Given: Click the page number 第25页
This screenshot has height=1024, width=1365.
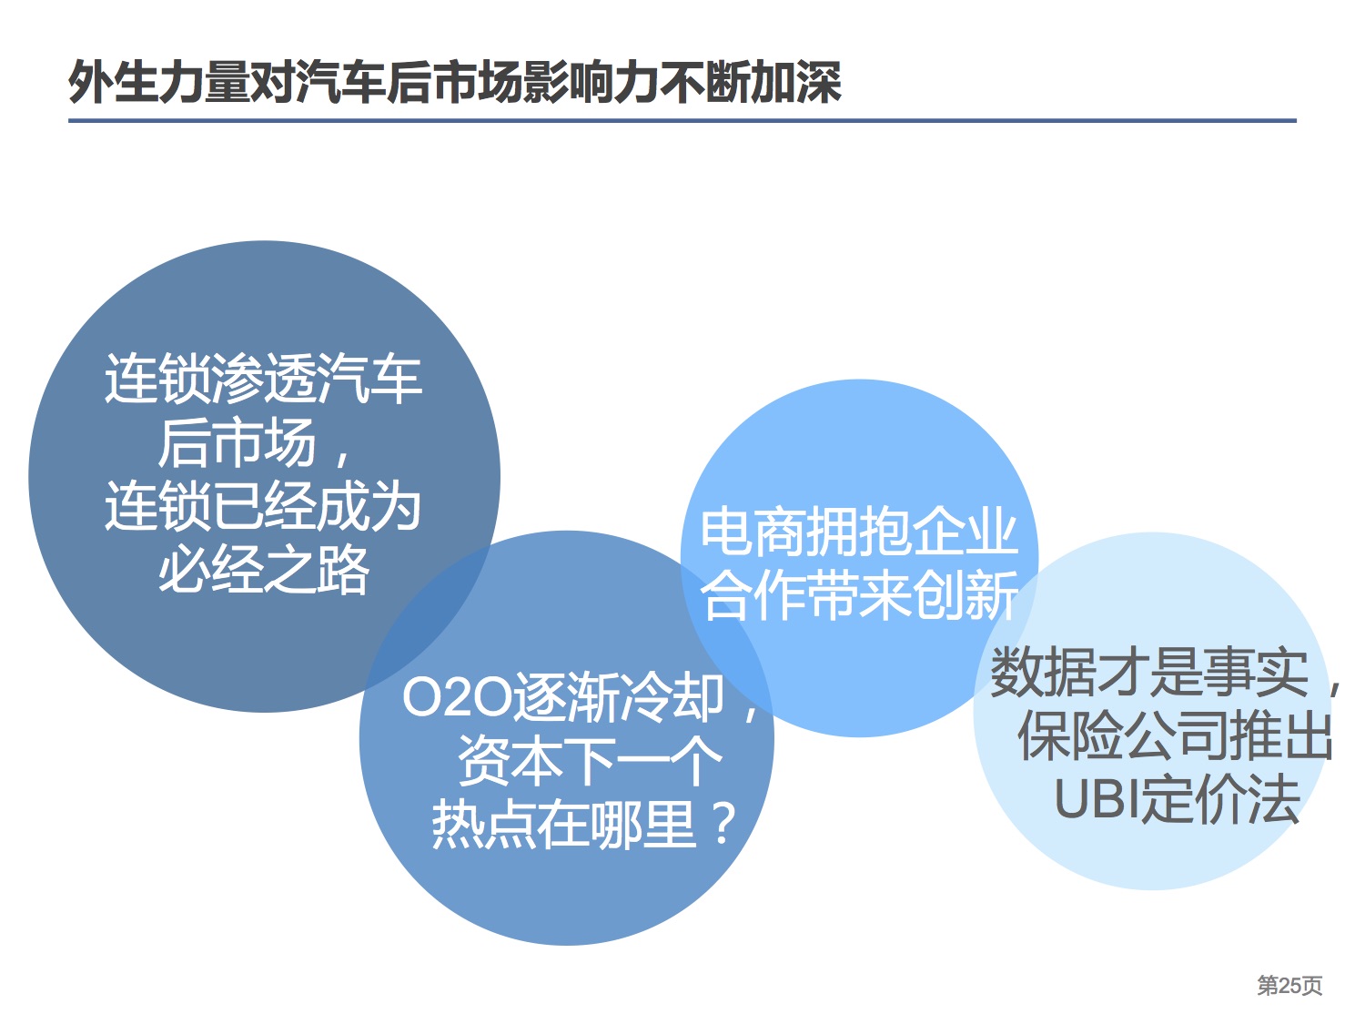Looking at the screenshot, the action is [1289, 986].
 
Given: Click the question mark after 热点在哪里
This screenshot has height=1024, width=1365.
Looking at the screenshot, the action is [723, 823].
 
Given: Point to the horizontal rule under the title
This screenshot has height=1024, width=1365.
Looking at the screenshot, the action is [682, 121].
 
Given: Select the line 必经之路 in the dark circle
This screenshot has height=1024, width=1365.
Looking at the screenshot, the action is [264, 568].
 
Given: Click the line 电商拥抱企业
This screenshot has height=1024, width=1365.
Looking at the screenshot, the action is [859, 532].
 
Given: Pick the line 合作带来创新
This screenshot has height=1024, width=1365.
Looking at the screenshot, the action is [859, 595].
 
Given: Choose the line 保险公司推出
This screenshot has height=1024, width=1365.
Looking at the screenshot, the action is [1176, 736].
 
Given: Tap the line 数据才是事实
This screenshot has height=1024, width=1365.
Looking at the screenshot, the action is [1149, 673].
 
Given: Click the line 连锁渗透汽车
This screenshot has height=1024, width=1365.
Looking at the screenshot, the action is [264, 379].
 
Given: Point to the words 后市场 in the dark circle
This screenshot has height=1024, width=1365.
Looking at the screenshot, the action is [237, 442].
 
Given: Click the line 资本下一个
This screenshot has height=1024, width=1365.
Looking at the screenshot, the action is [590, 760].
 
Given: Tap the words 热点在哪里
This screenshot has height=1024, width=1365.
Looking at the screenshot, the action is [564, 824].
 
